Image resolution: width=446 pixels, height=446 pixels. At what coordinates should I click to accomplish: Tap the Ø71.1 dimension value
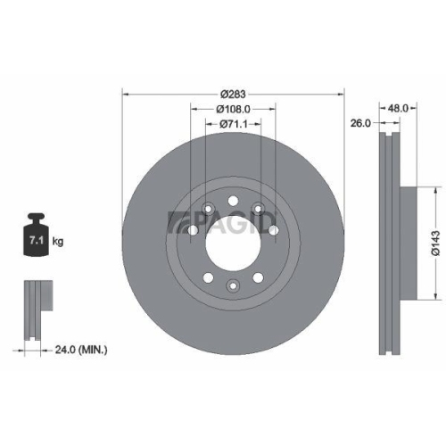pyautogui.click(x=233, y=125)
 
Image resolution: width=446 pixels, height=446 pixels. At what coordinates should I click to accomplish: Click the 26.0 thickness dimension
pyautogui.click(x=360, y=125)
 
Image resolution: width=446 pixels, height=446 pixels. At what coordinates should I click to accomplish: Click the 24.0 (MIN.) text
pyautogui.click(x=80, y=351)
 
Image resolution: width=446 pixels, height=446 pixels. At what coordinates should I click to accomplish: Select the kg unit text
pyautogui.click(x=57, y=242)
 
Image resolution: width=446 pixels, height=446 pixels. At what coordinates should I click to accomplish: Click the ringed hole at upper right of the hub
pyautogui.click(x=259, y=209)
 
